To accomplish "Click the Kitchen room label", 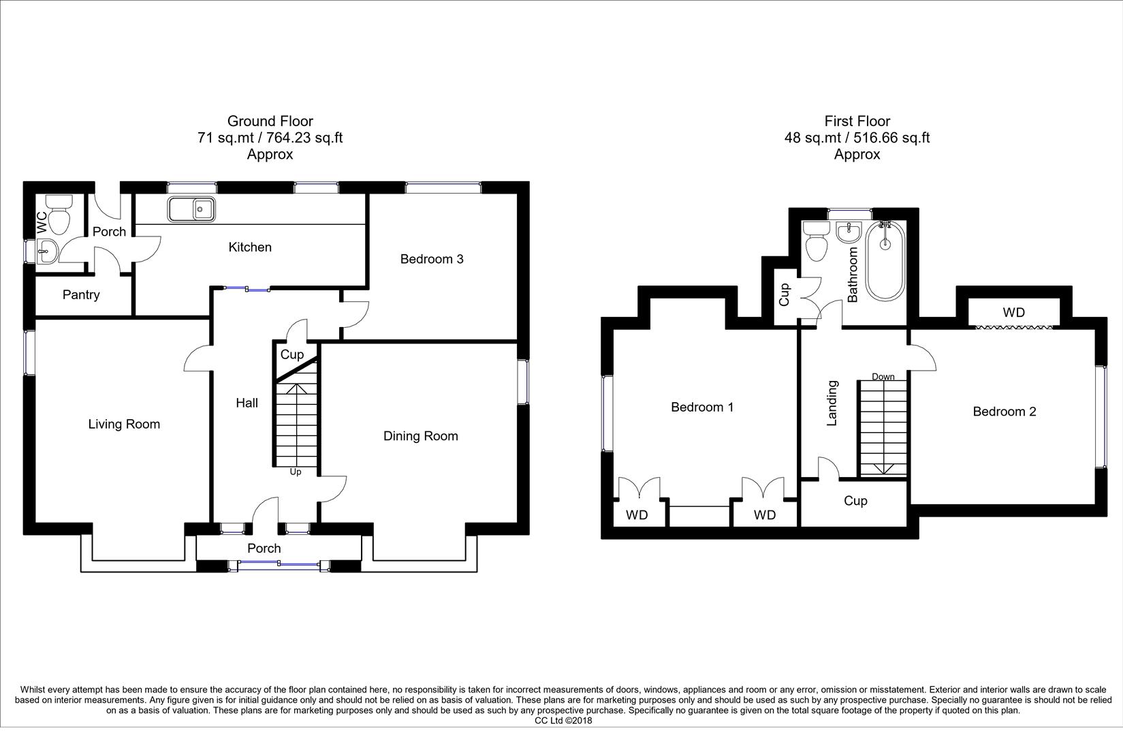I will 250,247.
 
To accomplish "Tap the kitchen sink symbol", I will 191,209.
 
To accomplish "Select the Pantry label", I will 81,295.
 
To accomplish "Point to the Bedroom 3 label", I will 432,259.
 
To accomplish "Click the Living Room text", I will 124,425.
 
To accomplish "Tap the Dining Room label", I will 420,436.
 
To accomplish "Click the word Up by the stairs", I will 296,472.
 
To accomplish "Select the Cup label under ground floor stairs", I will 292,354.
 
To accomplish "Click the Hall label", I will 247,403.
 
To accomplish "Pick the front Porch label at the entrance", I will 264,549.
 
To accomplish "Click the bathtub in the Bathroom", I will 885,260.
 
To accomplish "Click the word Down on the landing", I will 883,377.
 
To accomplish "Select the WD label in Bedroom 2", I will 1013,313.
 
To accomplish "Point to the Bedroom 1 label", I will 702,408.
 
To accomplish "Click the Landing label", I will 832,403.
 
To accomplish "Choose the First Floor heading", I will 857,121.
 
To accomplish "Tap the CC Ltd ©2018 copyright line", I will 563,720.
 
